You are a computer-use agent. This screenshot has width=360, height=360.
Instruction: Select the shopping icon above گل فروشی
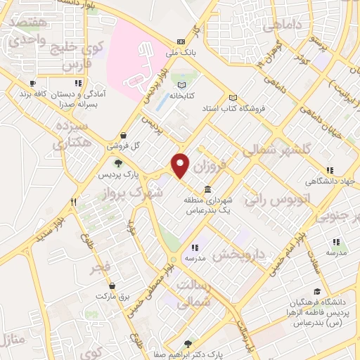point(124,136)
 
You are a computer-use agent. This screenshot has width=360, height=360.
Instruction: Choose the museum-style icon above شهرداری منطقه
point(208,189)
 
